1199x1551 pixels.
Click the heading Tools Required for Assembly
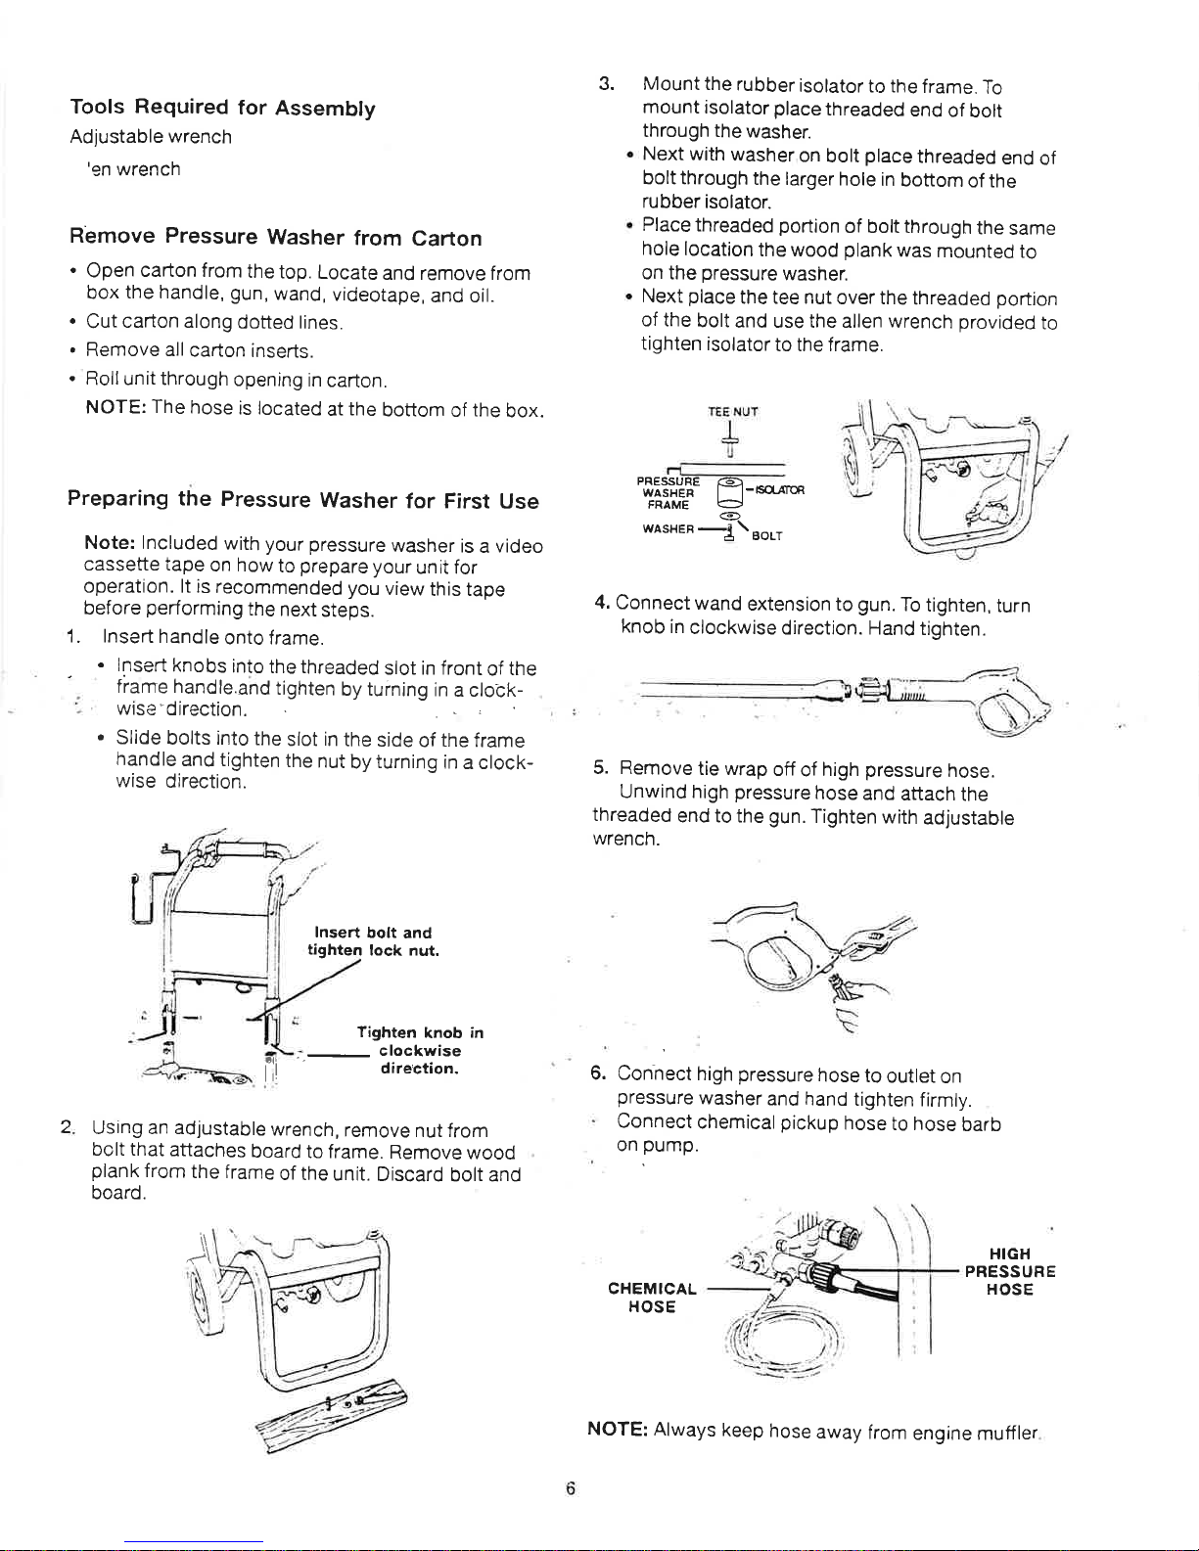(x=223, y=108)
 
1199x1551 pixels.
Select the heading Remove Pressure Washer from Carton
(x=275, y=236)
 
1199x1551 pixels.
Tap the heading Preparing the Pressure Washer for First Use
(x=303, y=499)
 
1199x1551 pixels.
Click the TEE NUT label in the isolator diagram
(x=733, y=412)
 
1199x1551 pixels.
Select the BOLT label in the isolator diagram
(x=767, y=536)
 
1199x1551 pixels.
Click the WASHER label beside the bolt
(x=668, y=528)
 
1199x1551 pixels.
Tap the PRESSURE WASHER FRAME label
(x=668, y=493)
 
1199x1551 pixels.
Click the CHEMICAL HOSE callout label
(x=652, y=1298)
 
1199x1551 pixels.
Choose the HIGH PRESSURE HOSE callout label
(x=1010, y=1271)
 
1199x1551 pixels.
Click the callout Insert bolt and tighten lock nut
(x=373, y=941)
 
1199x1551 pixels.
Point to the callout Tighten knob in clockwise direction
(x=420, y=1050)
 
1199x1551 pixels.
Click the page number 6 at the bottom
(x=571, y=1488)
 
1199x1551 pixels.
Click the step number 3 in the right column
(x=606, y=84)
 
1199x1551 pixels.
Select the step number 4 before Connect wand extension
(x=602, y=603)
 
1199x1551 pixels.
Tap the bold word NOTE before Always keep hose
(x=618, y=1429)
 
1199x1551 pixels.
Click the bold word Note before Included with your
(x=110, y=542)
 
